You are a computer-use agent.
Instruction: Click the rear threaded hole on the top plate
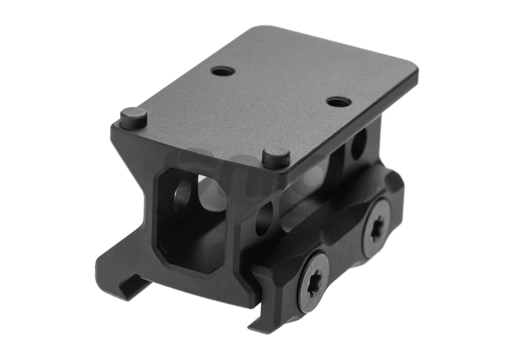click(223, 71)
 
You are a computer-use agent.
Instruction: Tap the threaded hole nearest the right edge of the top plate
click(338, 102)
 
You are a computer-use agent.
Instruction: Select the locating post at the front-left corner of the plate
click(133, 118)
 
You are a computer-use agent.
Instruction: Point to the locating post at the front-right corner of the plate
click(276, 157)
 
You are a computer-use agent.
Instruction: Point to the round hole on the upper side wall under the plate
click(358, 143)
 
